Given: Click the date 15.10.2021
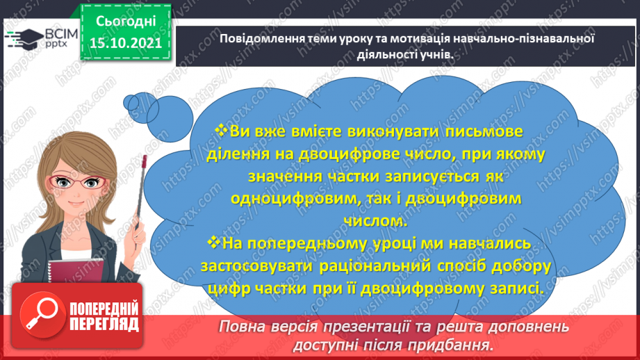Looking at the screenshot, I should point(126,42).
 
